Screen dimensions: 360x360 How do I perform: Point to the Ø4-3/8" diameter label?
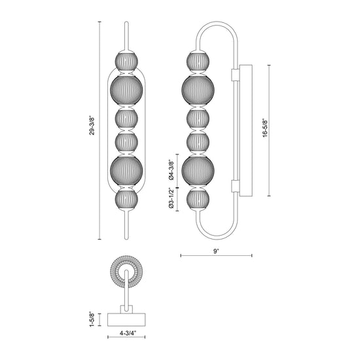click(x=171, y=169)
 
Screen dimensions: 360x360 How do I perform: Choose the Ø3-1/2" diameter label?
click(x=171, y=199)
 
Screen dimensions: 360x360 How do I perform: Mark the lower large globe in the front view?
click(x=126, y=170)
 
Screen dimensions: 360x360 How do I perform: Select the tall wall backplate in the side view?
click(x=247, y=130)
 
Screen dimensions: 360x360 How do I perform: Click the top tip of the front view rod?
click(x=126, y=24)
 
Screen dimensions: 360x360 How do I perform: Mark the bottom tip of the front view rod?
click(x=126, y=238)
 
